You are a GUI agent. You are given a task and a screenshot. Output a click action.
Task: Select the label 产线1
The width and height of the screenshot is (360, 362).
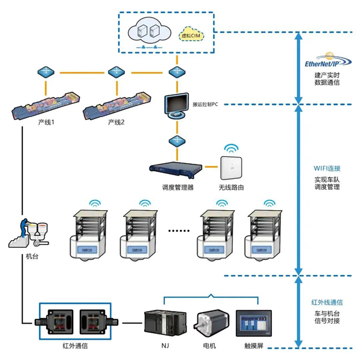click(x=47, y=122)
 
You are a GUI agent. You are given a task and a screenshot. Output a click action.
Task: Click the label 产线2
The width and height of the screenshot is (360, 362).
click(x=116, y=122)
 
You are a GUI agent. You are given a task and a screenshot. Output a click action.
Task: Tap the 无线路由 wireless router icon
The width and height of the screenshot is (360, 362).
click(x=231, y=166)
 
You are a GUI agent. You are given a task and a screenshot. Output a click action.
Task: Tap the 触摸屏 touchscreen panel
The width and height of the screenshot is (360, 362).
click(x=254, y=325)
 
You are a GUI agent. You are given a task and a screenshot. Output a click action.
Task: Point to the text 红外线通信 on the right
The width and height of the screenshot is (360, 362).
click(x=326, y=301)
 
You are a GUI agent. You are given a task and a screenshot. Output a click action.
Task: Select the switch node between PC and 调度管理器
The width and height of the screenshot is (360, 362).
click(x=177, y=141)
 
